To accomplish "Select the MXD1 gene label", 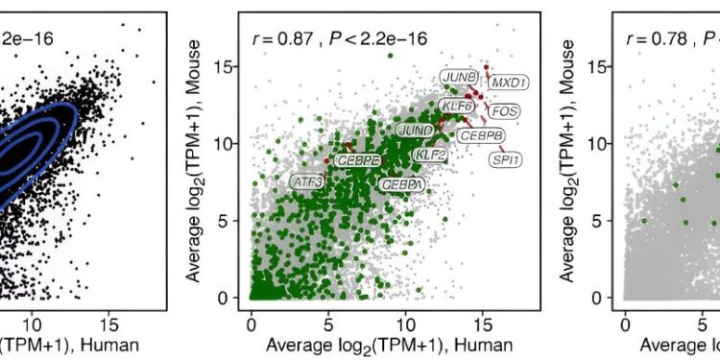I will point(509,84).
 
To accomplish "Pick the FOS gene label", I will point(502,111).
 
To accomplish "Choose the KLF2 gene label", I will point(430,154).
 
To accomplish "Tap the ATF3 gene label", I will point(307,180).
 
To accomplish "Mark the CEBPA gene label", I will point(399,183).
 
